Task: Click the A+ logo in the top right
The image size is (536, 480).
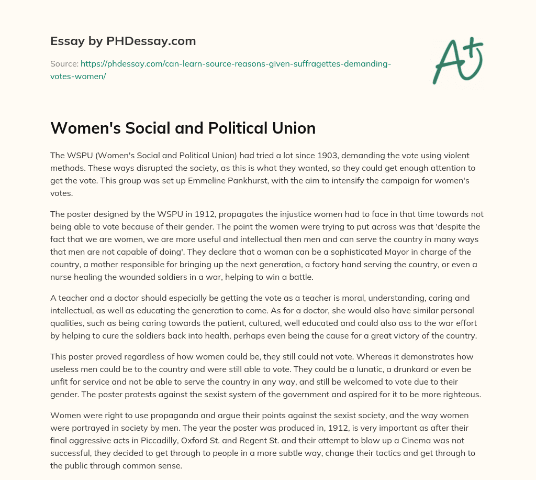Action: (x=457, y=60)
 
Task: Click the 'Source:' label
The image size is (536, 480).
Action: (x=64, y=64)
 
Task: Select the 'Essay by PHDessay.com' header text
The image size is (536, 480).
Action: (x=123, y=41)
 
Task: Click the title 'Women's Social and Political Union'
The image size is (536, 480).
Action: (x=183, y=128)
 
